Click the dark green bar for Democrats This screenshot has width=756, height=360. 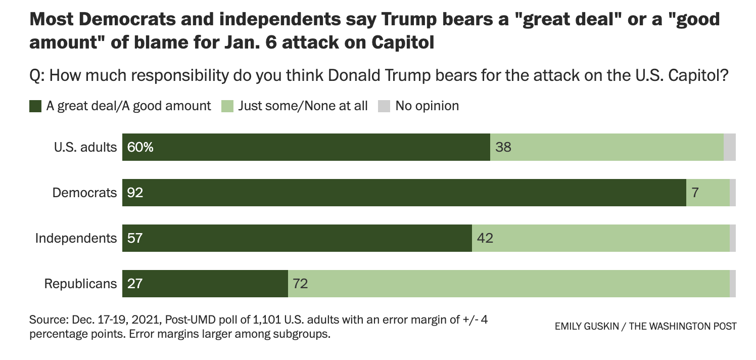(404, 193)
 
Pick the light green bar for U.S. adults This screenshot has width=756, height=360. (606, 147)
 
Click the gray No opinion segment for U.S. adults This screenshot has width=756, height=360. (730, 147)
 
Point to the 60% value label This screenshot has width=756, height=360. (140, 148)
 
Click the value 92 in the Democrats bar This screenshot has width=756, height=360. (135, 193)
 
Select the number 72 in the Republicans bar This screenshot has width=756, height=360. (300, 284)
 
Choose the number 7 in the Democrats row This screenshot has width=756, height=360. (695, 193)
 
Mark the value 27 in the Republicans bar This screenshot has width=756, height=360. (135, 284)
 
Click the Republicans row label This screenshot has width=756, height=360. (80, 284)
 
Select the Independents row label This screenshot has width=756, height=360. (76, 238)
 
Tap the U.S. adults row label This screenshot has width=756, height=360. (85, 147)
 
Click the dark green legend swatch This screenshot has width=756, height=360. (35, 106)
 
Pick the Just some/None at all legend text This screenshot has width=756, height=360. (303, 106)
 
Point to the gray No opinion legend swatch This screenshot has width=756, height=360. (385, 106)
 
